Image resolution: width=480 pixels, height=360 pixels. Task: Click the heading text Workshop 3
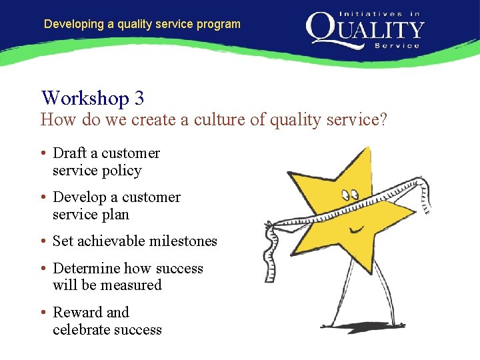tap(93, 98)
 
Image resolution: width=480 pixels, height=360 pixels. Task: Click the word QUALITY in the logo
tap(365, 29)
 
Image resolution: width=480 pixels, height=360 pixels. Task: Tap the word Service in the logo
tap(397, 46)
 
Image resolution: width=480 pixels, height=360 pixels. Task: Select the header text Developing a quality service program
tap(142, 24)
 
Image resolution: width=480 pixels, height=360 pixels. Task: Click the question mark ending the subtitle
tap(383, 120)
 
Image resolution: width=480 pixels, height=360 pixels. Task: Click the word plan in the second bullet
tap(115, 215)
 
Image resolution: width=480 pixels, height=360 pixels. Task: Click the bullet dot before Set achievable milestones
tap(43, 241)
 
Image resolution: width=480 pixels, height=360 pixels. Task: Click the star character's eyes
tap(350, 195)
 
